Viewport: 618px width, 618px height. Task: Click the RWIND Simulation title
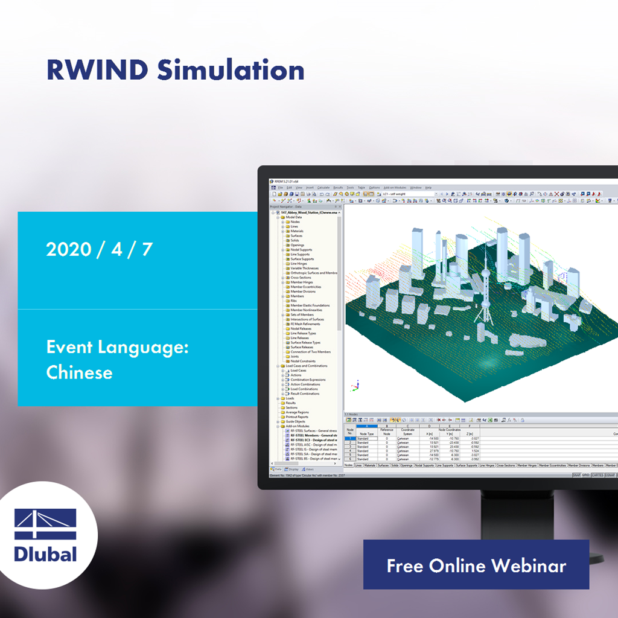[175, 71]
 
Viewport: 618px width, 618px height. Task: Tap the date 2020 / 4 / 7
[99, 250]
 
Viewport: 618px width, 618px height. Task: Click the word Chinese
[79, 372]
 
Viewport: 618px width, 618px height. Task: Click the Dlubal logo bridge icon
[45, 524]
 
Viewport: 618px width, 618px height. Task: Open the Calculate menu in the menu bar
[323, 188]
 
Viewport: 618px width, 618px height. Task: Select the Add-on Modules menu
[395, 188]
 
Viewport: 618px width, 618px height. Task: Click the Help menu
[428, 188]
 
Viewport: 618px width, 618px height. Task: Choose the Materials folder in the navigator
[297, 231]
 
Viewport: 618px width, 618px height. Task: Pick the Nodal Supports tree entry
[301, 250]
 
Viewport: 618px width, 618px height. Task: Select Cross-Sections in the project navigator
[301, 278]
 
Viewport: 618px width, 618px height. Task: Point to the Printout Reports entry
[297, 416]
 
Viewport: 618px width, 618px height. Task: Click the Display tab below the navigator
[293, 469]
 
